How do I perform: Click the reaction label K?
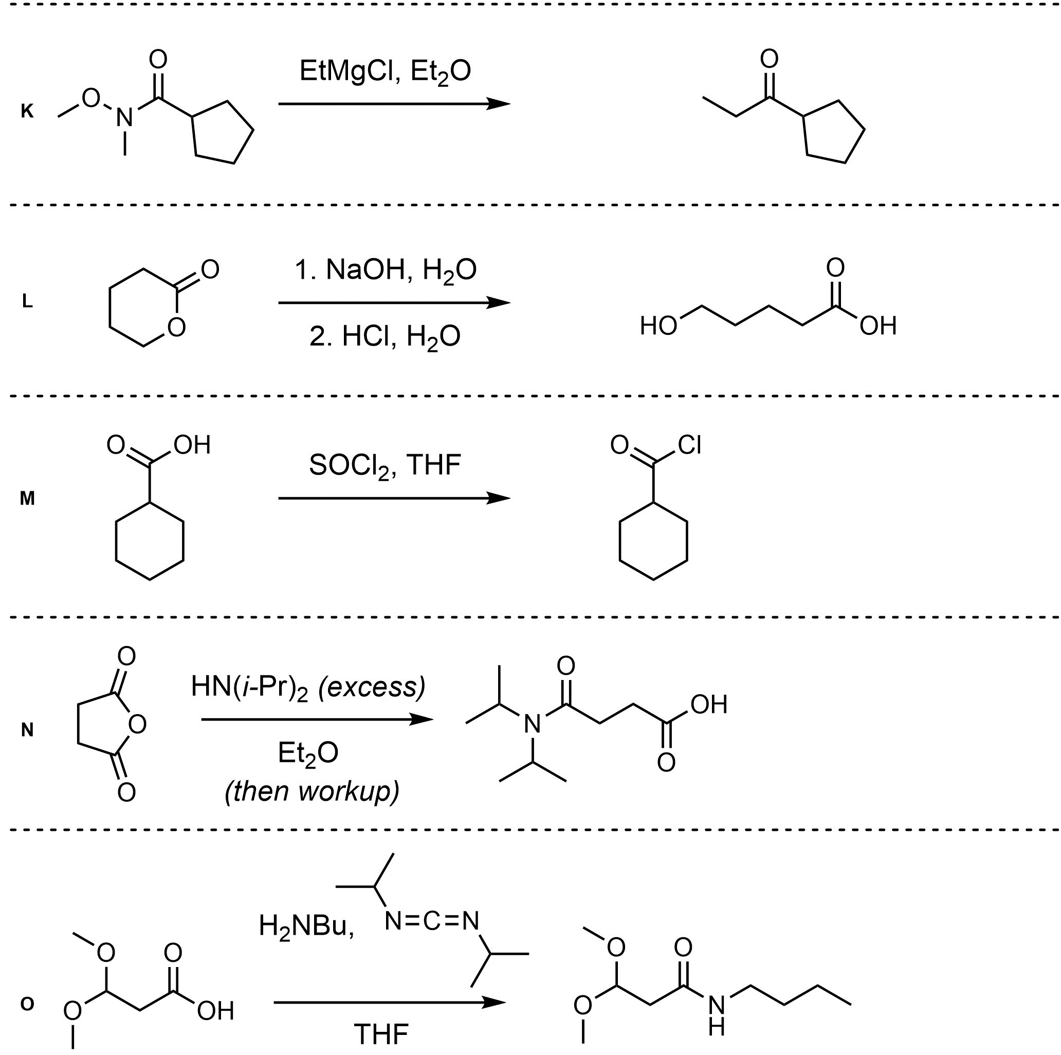pyautogui.click(x=27, y=112)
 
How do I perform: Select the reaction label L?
pyautogui.click(x=27, y=301)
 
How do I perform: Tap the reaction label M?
pyautogui.click(x=27, y=498)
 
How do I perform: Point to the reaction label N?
pyautogui.click(x=27, y=730)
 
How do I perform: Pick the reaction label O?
pyautogui.click(x=27, y=1004)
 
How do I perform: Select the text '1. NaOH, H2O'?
pyautogui.click(x=386, y=271)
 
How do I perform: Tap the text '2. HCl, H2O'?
pyautogui.click(x=386, y=337)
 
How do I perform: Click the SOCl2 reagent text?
pyautogui.click(x=349, y=466)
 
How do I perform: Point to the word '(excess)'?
pyautogui.click(x=372, y=687)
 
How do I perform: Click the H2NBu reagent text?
pyautogui.click(x=305, y=926)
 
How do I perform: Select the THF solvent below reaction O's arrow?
pyautogui.click(x=381, y=1034)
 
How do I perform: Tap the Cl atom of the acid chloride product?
pyautogui.click(x=689, y=444)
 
